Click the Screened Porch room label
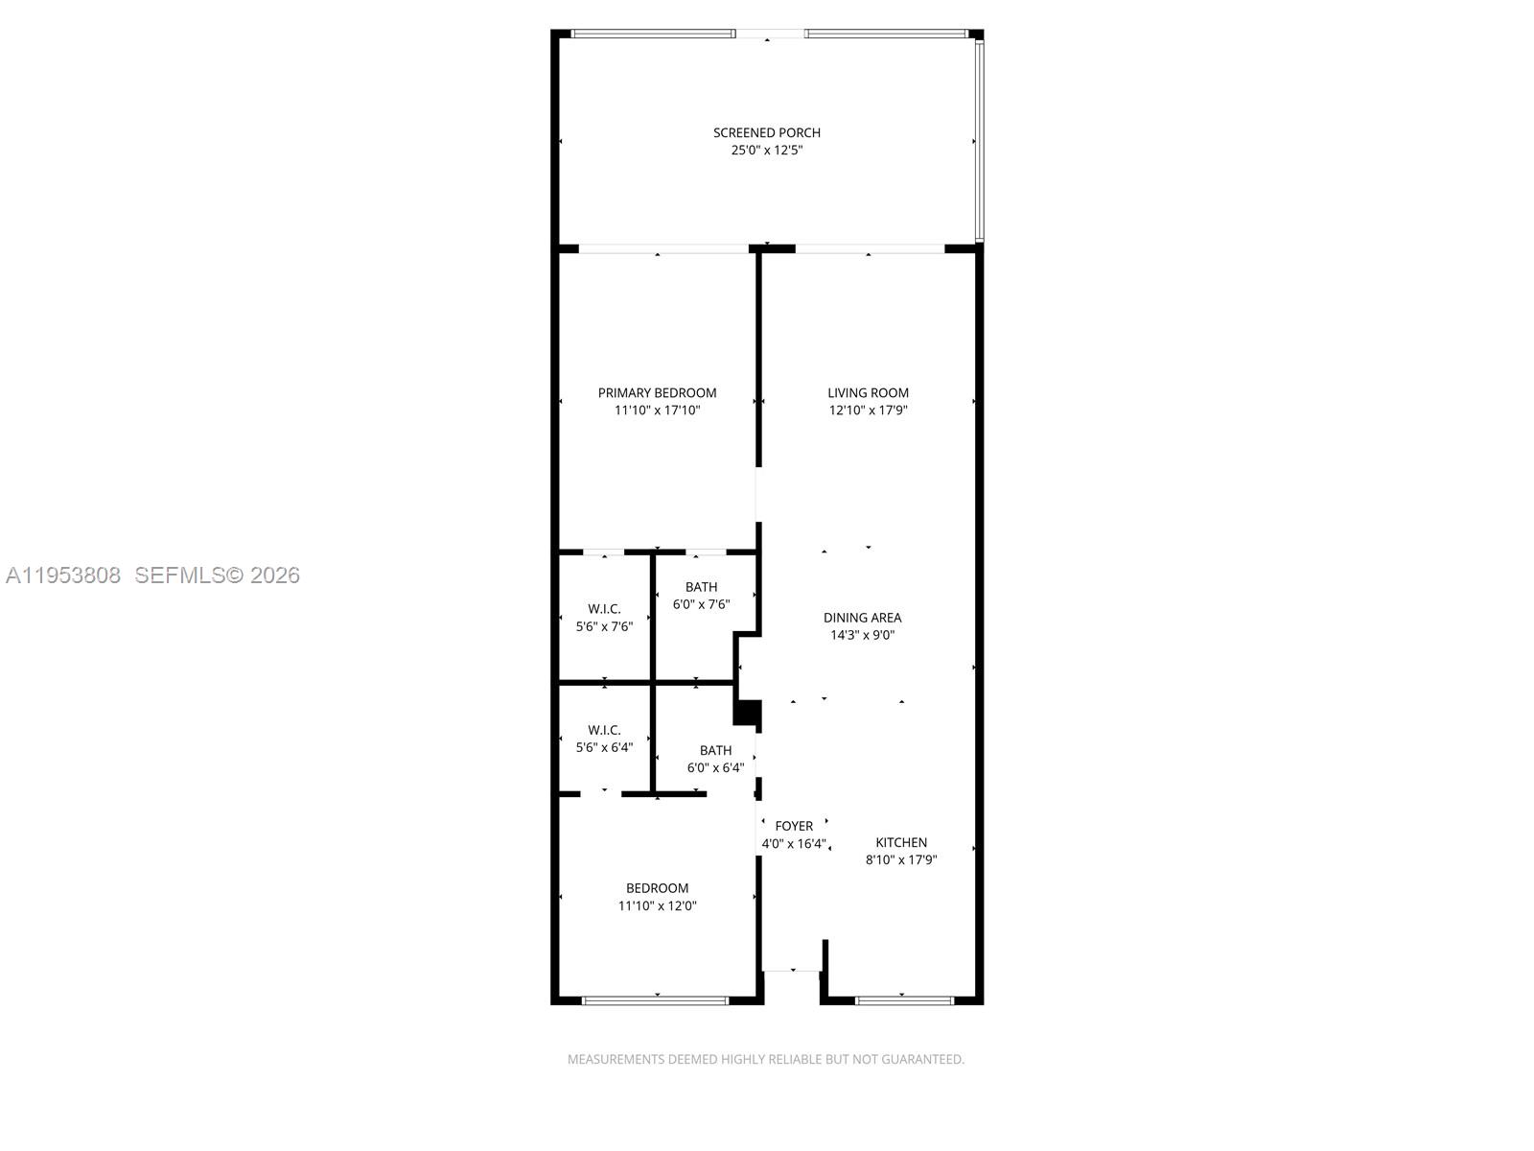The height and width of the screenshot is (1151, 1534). tap(766, 132)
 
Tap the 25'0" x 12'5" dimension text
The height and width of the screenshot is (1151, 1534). tap(766, 151)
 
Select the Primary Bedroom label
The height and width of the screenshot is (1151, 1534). tap(657, 392)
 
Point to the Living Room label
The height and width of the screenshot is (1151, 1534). tap(868, 392)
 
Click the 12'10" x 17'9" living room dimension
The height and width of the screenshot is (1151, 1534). tap(868, 411)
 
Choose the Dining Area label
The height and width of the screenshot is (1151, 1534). tap(862, 618)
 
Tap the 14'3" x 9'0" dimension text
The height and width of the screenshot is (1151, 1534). tap(862, 635)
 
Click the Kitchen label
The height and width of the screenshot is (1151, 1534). tap(901, 842)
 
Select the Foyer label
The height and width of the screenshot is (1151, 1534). tap(794, 826)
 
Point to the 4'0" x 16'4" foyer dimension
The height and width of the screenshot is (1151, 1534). tap(794, 844)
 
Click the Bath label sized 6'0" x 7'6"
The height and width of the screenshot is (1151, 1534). tap(701, 587)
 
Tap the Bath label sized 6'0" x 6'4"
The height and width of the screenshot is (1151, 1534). tap(715, 750)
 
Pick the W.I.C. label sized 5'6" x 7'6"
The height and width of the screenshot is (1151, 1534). tap(604, 609)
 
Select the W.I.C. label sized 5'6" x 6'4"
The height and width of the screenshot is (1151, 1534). tap(604, 730)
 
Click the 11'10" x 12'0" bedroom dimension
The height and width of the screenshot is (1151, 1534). tap(657, 905)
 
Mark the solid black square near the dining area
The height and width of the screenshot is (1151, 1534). tap(747, 713)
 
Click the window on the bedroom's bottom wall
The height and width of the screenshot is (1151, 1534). tap(656, 1000)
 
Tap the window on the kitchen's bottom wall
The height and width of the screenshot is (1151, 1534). tap(904, 1000)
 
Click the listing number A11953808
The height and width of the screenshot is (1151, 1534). tap(63, 575)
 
